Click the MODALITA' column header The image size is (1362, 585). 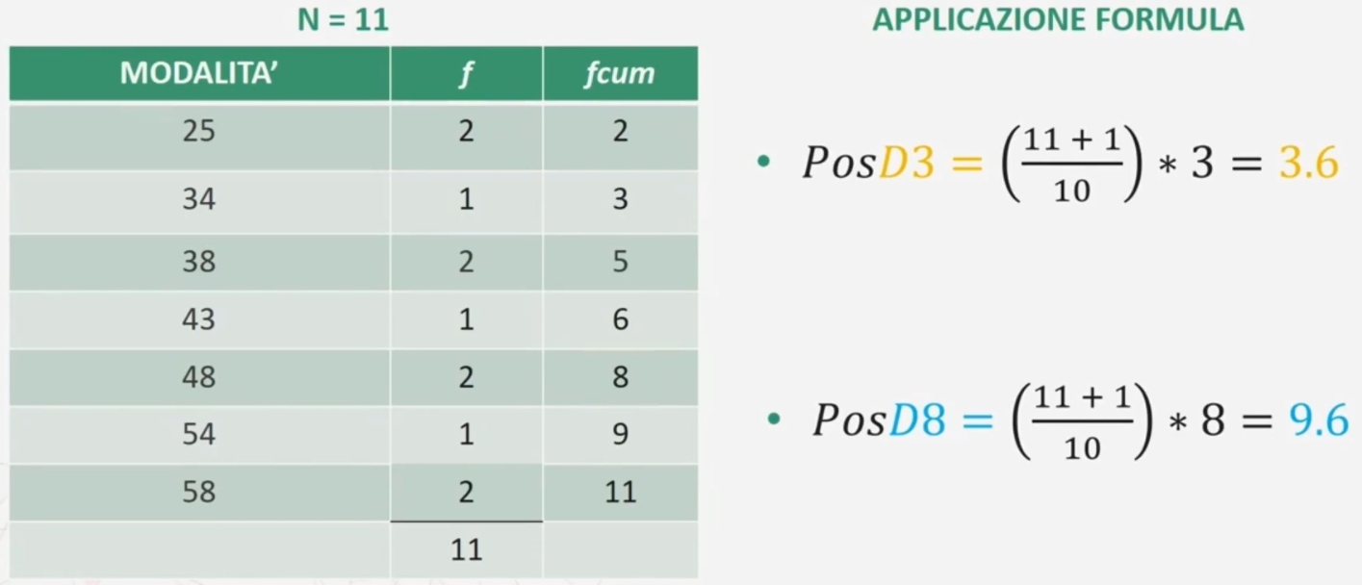point(199,73)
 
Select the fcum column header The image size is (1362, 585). point(620,73)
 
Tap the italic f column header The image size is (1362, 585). point(466,74)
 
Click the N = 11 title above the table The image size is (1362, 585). point(343,19)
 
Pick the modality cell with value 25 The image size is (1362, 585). point(199,131)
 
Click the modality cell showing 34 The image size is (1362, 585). point(199,199)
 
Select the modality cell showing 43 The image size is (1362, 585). point(199,318)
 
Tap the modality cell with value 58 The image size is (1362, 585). point(199,492)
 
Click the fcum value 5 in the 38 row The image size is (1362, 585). point(620,261)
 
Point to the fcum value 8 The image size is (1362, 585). point(620,376)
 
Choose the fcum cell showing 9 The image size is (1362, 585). point(620,434)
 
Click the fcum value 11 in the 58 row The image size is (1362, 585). point(620,492)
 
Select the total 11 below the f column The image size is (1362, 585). point(467,549)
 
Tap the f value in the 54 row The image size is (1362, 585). point(467,434)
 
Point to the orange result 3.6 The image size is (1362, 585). point(1308,163)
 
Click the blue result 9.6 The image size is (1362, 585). point(1319,420)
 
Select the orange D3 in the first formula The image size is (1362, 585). point(907,163)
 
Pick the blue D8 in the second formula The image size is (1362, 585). point(917,420)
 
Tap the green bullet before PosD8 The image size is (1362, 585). point(774,419)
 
